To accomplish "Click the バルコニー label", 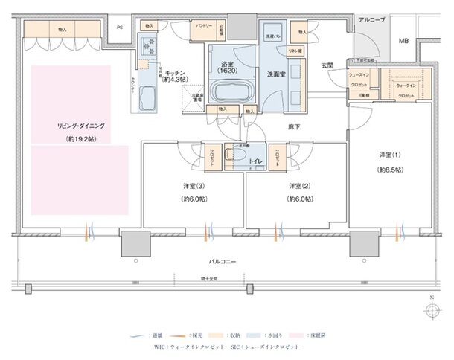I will (x=223, y=262).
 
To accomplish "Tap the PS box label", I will (x=120, y=29).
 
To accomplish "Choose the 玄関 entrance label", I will (x=327, y=66).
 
